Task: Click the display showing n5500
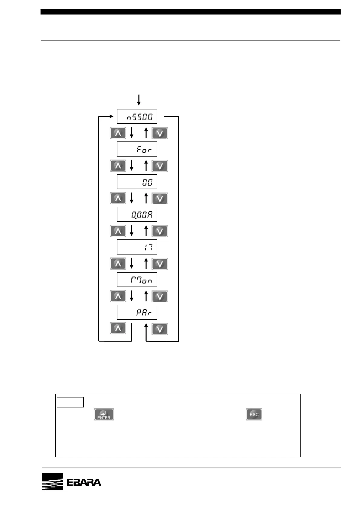click(x=137, y=116)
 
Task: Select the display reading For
click(x=137, y=149)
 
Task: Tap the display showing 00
click(x=137, y=182)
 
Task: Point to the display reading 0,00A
click(x=137, y=214)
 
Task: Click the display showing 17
click(x=137, y=247)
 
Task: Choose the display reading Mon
click(x=137, y=280)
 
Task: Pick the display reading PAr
click(x=137, y=312)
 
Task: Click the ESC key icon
click(x=254, y=414)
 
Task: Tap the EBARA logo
click(x=71, y=481)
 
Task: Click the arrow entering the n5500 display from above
click(x=139, y=100)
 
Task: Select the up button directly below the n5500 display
click(x=118, y=133)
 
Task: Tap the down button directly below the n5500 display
click(x=159, y=133)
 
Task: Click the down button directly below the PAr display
click(x=159, y=329)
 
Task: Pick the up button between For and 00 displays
click(x=118, y=166)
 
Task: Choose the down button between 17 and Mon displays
click(x=159, y=264)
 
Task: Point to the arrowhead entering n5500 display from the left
click(x=111, y=116)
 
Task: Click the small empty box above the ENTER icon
click(x=70, y=402)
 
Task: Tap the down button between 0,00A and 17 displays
click(x=159, y=231)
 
